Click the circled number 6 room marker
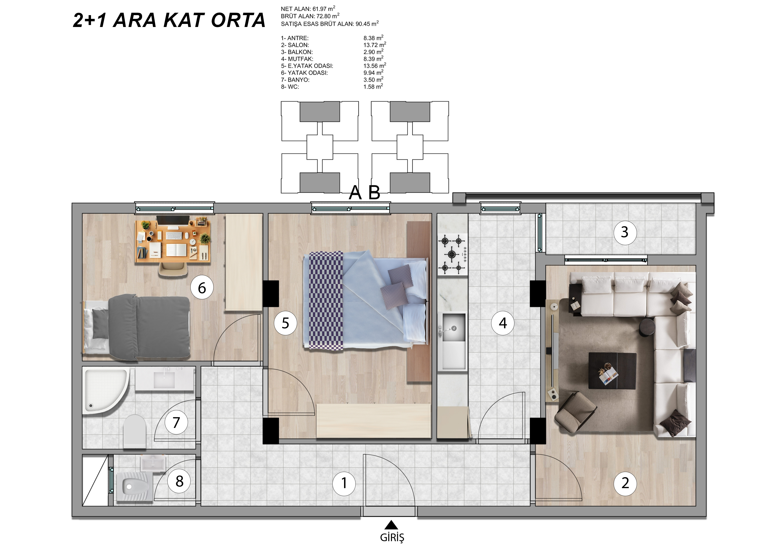click(x=202, y=288)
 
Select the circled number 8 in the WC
click(x=179, y=481)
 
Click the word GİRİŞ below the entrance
click(x=392, y=537)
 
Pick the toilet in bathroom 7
click(x=135, y=431)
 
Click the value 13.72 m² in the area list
click(x=375, y=45)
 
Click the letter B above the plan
click(x=375, y=192)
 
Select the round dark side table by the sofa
click(x=647, y=327)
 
